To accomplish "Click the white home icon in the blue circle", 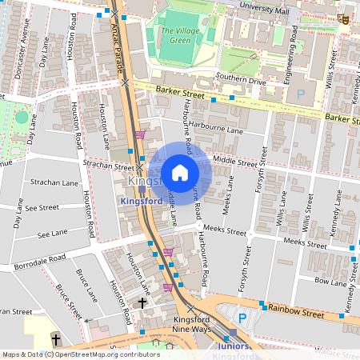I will tap(180, 172).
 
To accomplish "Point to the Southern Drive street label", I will tap(240, 80).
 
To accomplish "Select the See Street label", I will tap(42, 207).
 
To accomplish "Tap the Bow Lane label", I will tap(330, 281).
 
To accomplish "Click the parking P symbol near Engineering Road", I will tap(301, 94).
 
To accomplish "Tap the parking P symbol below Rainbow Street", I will tap(242, 318).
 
